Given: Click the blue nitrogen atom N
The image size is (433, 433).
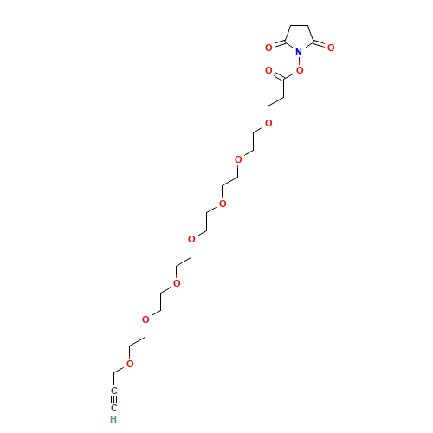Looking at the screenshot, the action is pyautogui.click(x=299, y=52).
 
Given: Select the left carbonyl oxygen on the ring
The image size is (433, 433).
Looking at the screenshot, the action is pyautogui.click(x=268, y=48).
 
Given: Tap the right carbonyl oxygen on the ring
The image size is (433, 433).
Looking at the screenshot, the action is pyautogui.click(x=331, y=48).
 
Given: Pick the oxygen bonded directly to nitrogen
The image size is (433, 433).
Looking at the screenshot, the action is pyautogui.click(x=300, y=70).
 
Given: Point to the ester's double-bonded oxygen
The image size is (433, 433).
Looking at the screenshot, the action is pyautogui.click(x=268, y=70).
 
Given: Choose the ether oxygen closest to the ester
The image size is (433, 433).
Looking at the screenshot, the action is pyautogui.click(x=268, y=123).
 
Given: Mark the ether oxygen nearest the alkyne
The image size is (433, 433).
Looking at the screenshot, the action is pyautogui.click(x=130, y=364).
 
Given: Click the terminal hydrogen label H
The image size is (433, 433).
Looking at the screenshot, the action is pyautogui.click(x=113, y=419).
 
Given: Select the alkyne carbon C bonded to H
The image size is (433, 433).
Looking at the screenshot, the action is pyautogui.click(x=114, y=408).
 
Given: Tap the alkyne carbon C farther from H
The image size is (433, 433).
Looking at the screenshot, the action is pyautogui.click(x=114, y=391).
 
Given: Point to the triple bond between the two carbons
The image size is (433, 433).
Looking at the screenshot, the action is pyautogui.click(x=114, y=399).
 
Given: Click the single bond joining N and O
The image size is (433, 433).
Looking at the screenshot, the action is pyautogui.click(x=300, y=61).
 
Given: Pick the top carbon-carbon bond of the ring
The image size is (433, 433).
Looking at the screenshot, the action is pyautogui.click(x=300, y=26).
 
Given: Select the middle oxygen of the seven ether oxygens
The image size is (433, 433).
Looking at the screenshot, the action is pyautogui.click(x=191, y=239).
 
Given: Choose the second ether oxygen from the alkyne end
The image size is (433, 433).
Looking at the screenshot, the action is pyautogui.click(x=145, y=320).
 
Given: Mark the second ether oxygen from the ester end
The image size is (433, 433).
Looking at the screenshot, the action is pyautogui.click(x=238, y=159).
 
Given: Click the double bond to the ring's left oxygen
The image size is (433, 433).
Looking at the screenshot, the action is pyautogui.click(x=279, y=44).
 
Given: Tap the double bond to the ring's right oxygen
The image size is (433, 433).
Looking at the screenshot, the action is pyautogui.click(x=320, y=44).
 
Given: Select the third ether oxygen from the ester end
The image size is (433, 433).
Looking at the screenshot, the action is pyautogui.click(x=223, y=204).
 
